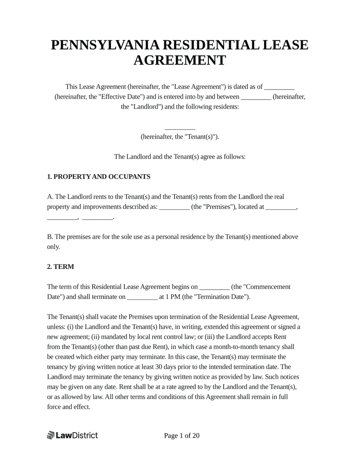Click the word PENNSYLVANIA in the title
click(105, 45)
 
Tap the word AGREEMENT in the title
click(180, 61)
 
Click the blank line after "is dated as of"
click(279, 86)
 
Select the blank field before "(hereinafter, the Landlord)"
click(256, 97)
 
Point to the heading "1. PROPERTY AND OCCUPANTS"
click(99, 177)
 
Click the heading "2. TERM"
click(61, 267)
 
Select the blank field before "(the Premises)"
click(174, 207)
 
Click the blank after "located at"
click(281, 207)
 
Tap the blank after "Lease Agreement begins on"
click(214, 286)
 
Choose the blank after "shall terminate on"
click(143, 297)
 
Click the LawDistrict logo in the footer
click(72, 435)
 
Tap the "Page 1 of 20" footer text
click(182, 435)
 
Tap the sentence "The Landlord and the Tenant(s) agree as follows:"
click(180, 157)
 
